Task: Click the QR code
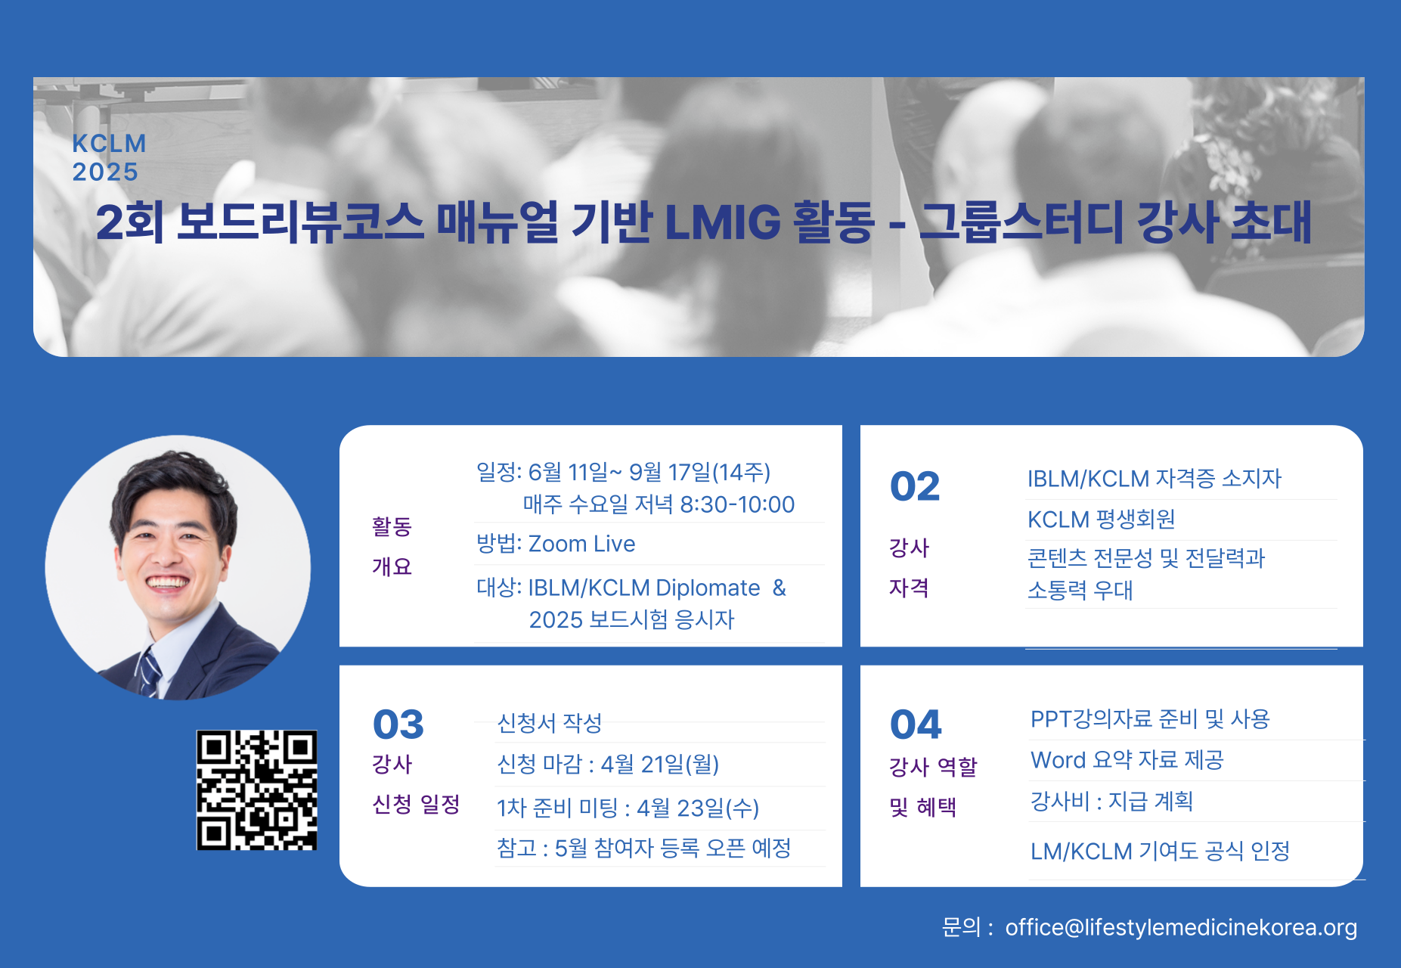[x=256, y=790]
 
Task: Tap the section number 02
[x=915, y=486]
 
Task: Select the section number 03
[x=398, y=724]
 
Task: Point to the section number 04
[x=916, y=724]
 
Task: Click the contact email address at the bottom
[x=1181, y=927]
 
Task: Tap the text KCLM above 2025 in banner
[x=109, y=144]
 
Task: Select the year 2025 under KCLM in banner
[x=105, y=172]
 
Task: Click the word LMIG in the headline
[x=722, y=222]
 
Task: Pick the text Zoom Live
[x=581, y=544]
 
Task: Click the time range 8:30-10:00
[x=737, y=504]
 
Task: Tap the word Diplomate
[x=708, y=588]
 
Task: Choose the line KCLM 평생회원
[x=1101, y=520]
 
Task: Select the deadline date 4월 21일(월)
[x=660, y=765]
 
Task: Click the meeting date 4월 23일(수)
[x=698, y=808]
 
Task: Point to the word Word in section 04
[x=1058, y=760]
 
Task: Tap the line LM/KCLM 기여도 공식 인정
[x=1160, y=851]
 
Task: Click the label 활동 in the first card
[x=392, y=526]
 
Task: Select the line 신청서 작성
[x=550, y=723]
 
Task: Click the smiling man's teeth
[x=167, y=582]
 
